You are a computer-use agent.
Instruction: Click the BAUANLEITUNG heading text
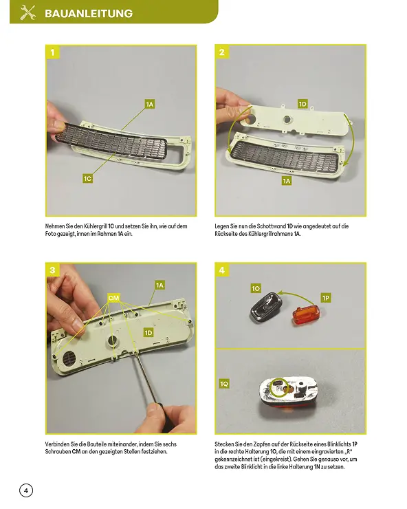tap(89, 13)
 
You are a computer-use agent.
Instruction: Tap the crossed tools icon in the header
tap(27, 13)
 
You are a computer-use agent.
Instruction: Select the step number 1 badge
tap(52, 52)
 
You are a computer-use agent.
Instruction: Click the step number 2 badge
tap(222, 52)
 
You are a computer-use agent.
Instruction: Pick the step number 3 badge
tap(52, 270)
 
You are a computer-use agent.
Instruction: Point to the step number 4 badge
tap(222, 270)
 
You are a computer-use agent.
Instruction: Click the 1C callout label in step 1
tap(87, 179)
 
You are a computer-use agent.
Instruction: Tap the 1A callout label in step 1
tap(149, 104)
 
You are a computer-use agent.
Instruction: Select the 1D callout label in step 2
tap(302, 104)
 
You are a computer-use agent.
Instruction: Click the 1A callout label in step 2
tap(286, 181)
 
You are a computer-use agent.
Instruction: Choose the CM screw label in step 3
tap(113, 298)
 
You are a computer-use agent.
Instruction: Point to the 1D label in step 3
tap(148, 333)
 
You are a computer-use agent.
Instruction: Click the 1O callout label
tap(256, 288)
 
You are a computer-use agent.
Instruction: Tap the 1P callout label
tap(326, 298)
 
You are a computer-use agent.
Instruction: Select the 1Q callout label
tap(224, 384)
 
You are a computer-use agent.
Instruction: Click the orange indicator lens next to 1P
tap(306, 314)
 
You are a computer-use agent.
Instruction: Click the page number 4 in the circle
tap(26, 490)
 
